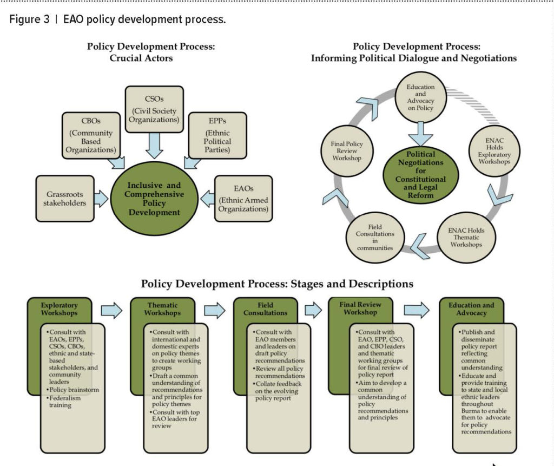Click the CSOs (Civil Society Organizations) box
tap(154, 108)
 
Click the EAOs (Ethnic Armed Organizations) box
tap(243, 198)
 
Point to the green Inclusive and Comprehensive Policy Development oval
tap(155, 199)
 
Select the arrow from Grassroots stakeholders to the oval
tap(101, 198)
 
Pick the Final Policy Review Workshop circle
tap(347, 152)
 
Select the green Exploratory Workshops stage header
tap(59, 310)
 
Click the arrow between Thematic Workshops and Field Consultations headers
tap(215, 310)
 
